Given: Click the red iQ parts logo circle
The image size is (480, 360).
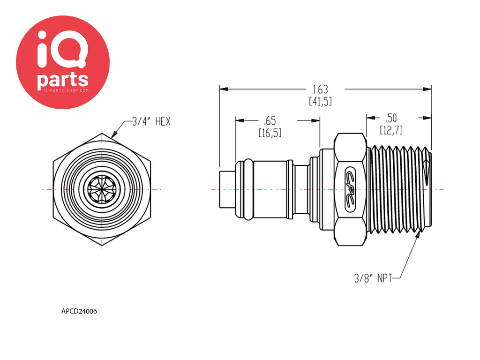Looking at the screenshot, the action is click(x=63, y=62).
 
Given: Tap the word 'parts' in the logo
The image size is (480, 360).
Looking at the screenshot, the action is click(x=63, y=80).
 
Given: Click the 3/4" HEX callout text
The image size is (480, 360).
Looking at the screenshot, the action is click(x=151, y=121).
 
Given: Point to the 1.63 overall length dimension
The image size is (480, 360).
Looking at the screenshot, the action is click(x=320, y=90).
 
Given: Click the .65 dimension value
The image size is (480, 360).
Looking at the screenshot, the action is click(x=270, y=121).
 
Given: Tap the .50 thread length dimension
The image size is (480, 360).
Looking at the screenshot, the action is click(x=391, y=118).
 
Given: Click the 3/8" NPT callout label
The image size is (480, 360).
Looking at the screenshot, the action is click(x=373, y=278).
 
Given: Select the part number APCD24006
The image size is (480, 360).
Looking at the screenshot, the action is click(x=79, y=311).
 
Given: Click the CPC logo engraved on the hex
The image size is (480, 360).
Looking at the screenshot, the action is click(x=351, y=189).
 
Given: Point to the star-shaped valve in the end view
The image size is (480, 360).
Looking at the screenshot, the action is click(x=102, y=189).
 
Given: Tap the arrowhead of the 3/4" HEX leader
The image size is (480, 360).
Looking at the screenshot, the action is click(x=114, y=135).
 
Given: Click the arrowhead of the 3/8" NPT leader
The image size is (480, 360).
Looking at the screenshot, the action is click(x=418, y=234).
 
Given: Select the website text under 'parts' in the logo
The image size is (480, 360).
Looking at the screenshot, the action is click(x=63, y=90).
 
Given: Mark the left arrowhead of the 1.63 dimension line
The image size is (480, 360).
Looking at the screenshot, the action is click(x=224, y=89).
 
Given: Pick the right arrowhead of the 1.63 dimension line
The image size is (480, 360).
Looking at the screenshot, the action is click(x=427, y=89).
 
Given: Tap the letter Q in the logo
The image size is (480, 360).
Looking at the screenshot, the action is click(x=70, y=51).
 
